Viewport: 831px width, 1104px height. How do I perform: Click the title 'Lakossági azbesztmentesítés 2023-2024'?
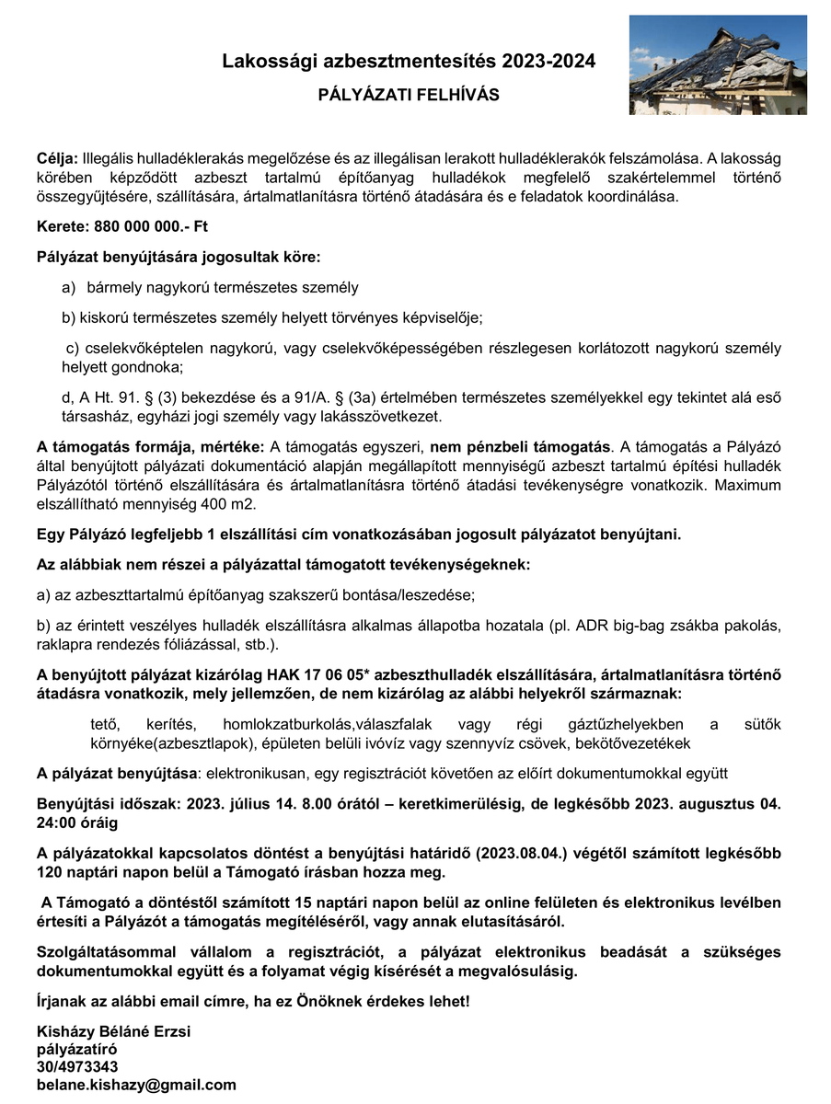click(409, 62)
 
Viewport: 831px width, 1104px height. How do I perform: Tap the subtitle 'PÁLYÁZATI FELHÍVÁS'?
click(409, 95)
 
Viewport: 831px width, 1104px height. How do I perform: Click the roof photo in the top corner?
click(718, 65)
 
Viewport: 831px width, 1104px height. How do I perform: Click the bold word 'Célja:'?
click(57, 160)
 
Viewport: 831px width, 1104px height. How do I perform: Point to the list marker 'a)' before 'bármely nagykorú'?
click(69, 288)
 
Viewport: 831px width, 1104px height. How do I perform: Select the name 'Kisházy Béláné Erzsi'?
click(113, 1031)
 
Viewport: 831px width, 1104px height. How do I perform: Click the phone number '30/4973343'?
click(77, 1066)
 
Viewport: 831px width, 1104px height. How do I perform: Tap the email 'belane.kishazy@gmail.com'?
click(136, 1085)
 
